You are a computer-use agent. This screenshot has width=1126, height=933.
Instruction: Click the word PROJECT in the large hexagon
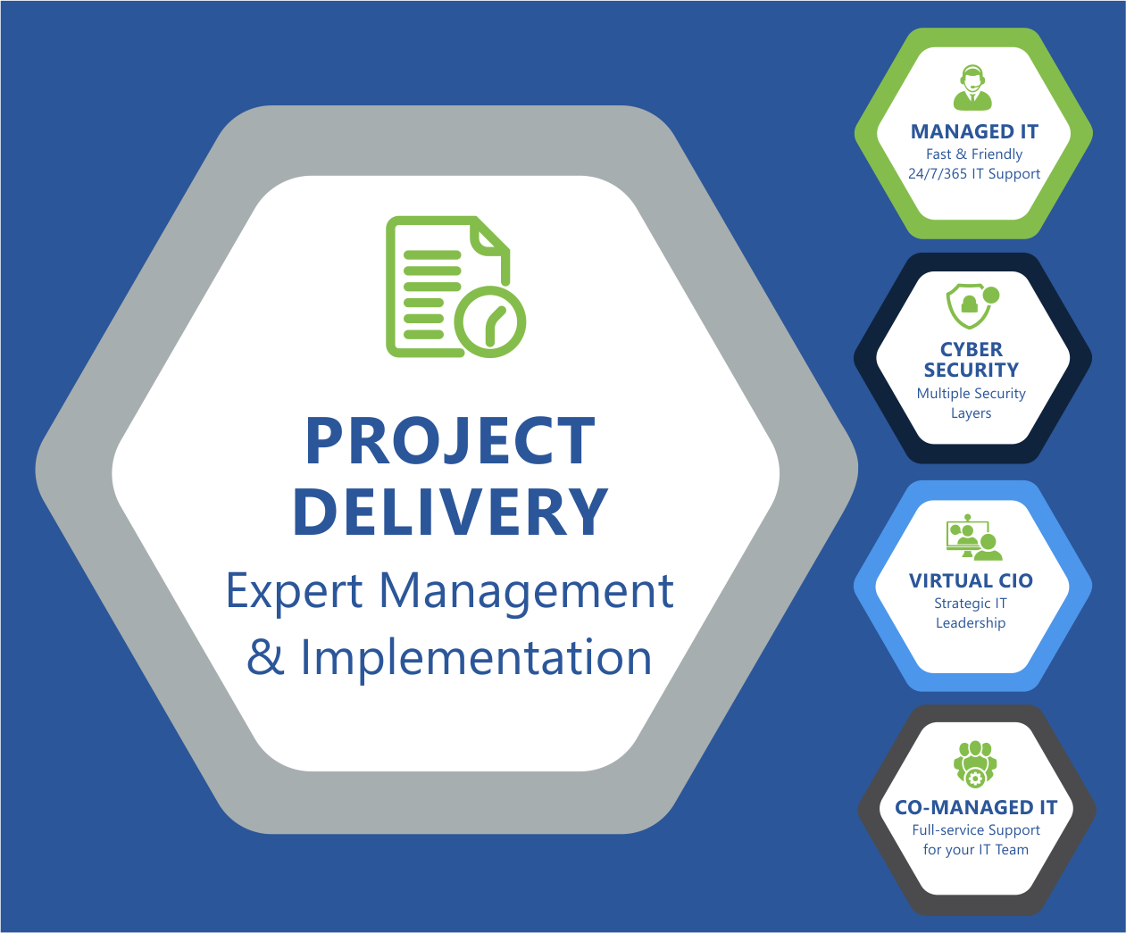click(450, 440)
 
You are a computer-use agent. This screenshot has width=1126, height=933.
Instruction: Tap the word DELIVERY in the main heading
click(450, 510)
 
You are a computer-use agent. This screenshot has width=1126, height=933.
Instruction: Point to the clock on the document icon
click(489, 322)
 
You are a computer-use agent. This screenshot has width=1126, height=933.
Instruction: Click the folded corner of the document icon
click(489, 235)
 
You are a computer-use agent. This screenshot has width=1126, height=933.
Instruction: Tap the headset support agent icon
click(972, 87)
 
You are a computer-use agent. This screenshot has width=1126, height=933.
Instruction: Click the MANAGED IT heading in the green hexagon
click(974, 131)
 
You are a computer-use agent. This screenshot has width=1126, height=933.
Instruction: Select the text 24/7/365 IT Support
click(974, 174)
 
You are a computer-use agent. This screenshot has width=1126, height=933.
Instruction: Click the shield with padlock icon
click(968, 306)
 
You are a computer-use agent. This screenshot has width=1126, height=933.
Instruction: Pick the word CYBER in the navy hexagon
click(972, 349)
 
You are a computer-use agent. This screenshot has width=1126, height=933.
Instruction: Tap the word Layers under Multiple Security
click(971, 413)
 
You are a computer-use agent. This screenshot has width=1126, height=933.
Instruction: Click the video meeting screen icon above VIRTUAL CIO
click(973, 537)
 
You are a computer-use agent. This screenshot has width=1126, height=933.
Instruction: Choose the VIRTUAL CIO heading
click(971, 581)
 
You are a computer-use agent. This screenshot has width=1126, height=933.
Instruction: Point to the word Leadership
click(971, 623)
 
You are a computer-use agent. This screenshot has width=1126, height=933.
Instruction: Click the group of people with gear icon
click(975, 764)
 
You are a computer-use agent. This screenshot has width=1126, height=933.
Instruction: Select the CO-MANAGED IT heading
click(976, 807)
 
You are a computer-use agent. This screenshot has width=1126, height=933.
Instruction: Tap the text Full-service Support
click(976, 830)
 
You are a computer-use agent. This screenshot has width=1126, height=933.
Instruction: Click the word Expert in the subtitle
click(295, 592)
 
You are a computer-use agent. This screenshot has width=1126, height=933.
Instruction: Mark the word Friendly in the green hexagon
click(997, 154)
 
